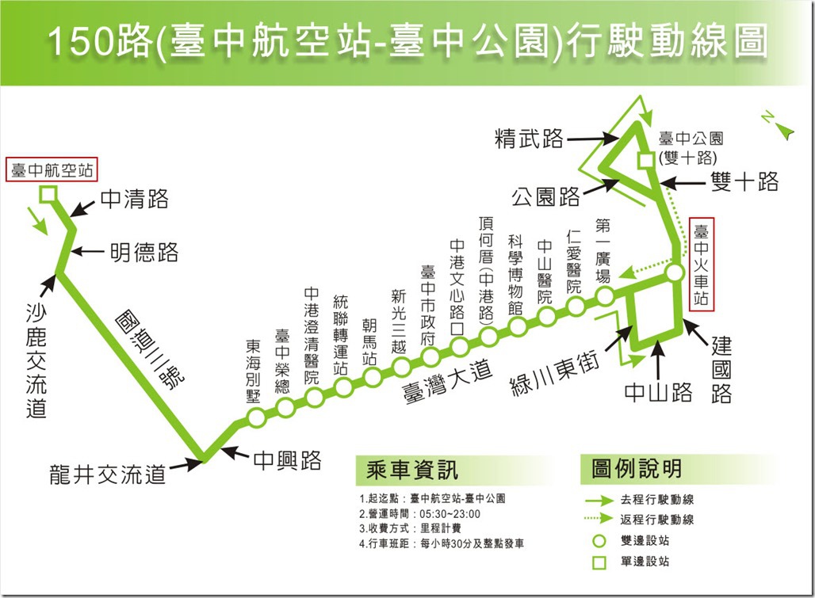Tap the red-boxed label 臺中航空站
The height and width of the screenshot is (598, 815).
tap(52, 169)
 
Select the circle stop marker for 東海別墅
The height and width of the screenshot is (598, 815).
tap(256, 417)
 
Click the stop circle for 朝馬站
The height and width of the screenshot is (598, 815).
tap(372, 377)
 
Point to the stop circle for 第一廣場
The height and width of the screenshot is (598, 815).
tap(604, 297)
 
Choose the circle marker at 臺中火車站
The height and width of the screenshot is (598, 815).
tap(675, 273)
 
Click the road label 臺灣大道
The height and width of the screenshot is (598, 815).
tap(447, 382)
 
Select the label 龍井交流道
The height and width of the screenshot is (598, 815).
tap(108, 474)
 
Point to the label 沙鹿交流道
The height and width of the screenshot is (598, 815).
tap(36, 361)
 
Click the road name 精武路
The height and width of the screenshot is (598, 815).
tap(529, 139)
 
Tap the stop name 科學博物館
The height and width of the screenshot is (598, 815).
tap(515, 275)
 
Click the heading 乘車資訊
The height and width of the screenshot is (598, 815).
tap(412, 470)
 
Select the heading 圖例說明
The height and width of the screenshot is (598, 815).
tap(636, 469)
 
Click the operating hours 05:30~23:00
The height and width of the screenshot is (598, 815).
tap(450, 514)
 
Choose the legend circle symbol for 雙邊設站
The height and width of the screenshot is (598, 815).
tap(599, 541)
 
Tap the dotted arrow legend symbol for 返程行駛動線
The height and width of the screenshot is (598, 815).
tap(599, 518)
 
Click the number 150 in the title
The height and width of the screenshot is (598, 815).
tap(81, 41)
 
